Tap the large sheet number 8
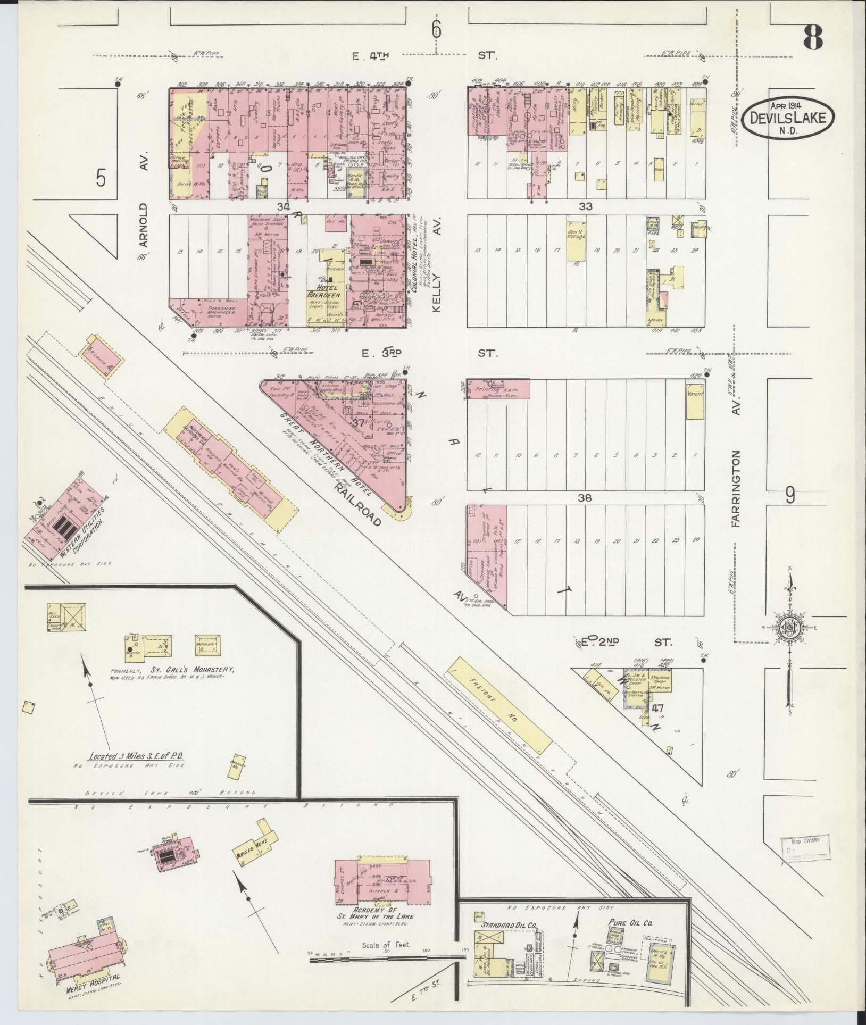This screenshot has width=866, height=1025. click(x=813, y=37)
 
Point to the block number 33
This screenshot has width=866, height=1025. click(x=586, y=206)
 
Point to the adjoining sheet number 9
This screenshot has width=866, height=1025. click(x=790, y=496)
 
